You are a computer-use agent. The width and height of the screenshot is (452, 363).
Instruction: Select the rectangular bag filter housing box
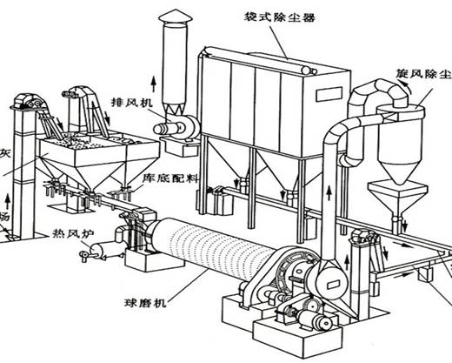[260, 96]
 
